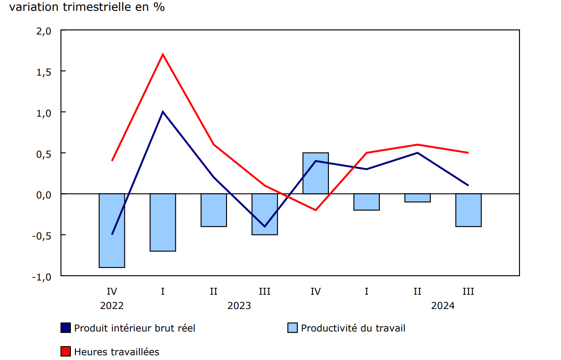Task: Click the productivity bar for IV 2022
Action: [x=112, y=230]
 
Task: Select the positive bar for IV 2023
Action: [x=316, y=173]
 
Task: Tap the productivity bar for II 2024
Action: [x=418, y=198]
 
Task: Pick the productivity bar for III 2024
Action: [x=469, y=210]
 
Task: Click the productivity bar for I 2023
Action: [x=163, y=222]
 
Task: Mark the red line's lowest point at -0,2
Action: [x=316, y=210]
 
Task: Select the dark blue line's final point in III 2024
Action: [x=469, y=185]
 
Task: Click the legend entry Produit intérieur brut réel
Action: [x=134, y=328]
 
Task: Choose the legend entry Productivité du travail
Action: [x=353, y=328]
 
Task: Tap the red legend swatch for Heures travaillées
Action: [x=66, y=352]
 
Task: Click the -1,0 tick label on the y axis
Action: [x=41, y=277]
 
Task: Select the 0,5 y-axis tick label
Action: [x=43, y=153]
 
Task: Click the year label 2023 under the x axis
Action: [x=239, y=306]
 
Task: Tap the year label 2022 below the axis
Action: [x=112, y=306]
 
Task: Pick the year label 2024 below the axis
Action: [x=443, y=306]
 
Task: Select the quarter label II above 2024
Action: [x=418, y=291]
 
